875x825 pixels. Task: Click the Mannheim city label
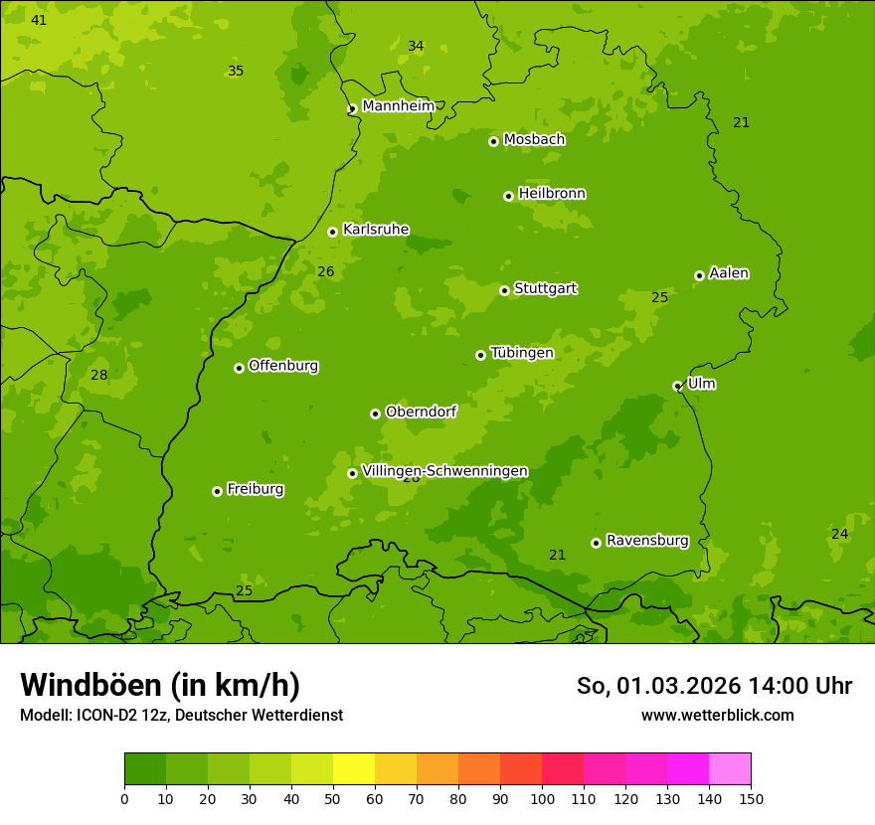(398, 105)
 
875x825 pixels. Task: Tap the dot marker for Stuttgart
(504, 290)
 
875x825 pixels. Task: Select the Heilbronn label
(552, 193)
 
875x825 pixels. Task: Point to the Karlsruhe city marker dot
(332, 232)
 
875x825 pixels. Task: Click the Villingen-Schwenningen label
(444, 471)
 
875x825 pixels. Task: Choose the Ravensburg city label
(647, 541)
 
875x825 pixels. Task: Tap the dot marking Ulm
(677, 386)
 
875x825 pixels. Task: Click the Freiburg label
(255, 489)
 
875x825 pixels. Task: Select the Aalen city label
(729, 272)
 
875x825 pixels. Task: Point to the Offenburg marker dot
(239, 368)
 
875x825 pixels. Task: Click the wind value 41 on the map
(39, 20)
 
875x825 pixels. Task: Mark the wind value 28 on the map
(98, 375)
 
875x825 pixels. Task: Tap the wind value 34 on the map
(416, 46)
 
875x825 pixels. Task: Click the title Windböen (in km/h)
(160, 685)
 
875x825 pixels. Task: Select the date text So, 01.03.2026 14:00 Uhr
(714, 686)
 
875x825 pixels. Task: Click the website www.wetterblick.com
(717, 715)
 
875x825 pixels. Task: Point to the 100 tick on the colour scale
(542, 798)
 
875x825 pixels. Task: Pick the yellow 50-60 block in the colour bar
(354, 769)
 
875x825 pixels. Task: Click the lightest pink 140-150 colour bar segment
(730, 769)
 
